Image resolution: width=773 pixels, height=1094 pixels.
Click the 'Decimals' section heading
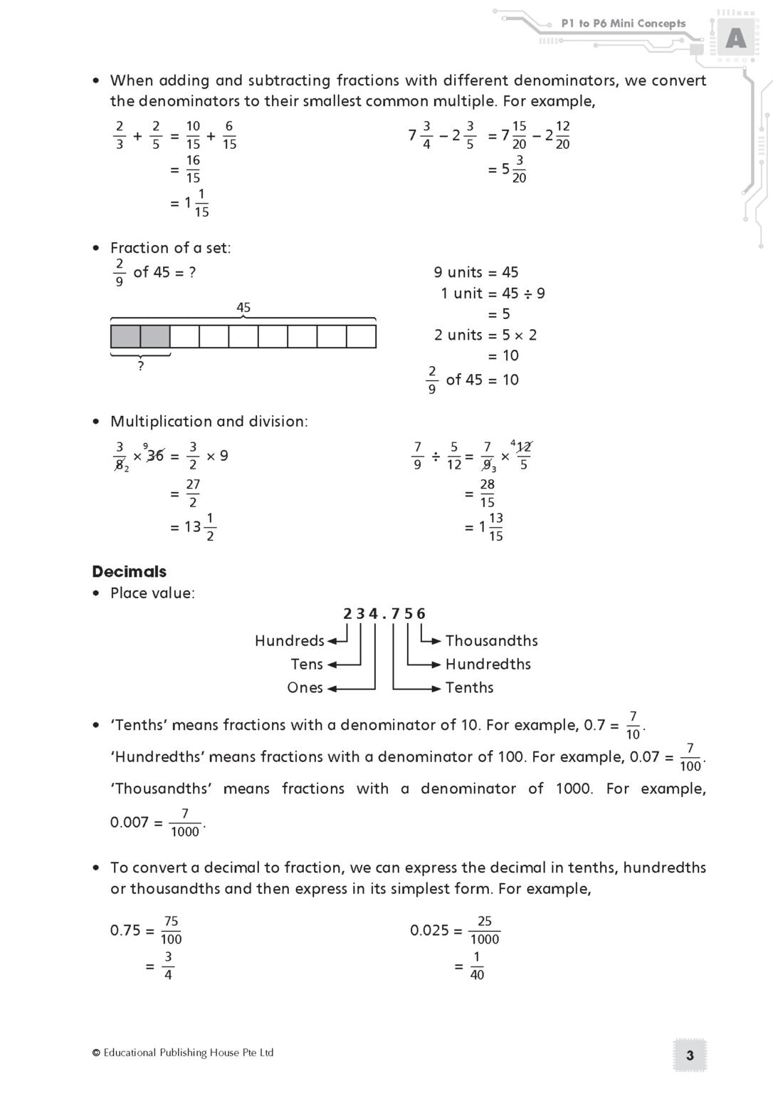click(129, 571)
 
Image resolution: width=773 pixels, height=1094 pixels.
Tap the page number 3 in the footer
click(689, 1056)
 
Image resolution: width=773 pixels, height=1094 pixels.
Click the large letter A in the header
click(735, 38)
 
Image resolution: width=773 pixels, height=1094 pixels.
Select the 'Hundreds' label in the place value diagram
click(289, 640)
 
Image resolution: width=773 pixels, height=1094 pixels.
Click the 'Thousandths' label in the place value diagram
click(491, 640)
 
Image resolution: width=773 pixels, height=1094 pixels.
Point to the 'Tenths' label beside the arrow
click(469, 687)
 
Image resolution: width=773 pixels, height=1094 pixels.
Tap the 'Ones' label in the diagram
click(305, 687)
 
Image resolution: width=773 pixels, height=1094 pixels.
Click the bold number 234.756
click(384, 613)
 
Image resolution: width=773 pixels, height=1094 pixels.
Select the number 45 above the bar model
click(243, 308)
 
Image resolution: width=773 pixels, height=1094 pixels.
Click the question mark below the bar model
click(140, 366)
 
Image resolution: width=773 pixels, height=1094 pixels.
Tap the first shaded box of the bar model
click(125, 336)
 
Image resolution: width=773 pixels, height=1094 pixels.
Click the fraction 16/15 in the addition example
click(193, 169)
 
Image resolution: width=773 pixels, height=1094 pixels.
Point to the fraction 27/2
click(193, 493)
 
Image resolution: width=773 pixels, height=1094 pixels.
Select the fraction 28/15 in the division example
click(487, 493)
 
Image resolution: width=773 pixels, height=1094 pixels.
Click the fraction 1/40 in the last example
click(476, 966)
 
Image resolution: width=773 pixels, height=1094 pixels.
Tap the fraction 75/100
click(171, 929)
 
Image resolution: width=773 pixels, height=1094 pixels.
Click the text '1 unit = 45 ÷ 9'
click(493, 293)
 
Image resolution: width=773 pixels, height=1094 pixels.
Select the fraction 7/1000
click(185, 822)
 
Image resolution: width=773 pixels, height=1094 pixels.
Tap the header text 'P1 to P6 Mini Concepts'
click(623, 24)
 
